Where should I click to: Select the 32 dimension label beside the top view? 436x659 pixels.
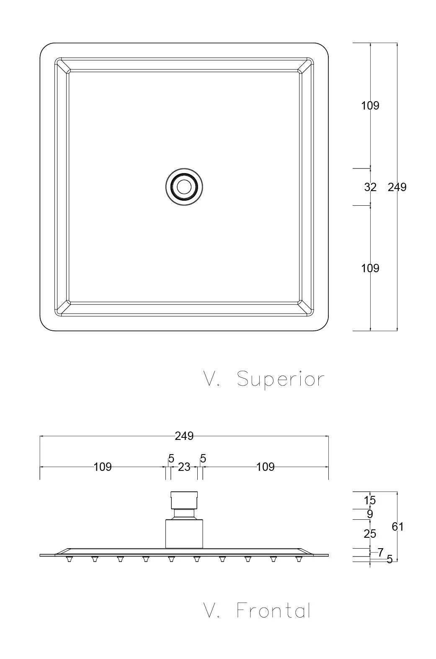click(370, 187)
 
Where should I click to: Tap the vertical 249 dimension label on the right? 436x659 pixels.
click(397, 187)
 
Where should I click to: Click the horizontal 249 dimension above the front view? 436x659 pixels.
click(184, 436)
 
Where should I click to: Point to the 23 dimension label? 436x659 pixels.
click(184, 467)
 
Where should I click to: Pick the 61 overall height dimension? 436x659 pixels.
click(397, 526)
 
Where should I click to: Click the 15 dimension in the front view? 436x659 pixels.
click(370, 500)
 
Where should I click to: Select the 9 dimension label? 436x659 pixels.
click(370, 514)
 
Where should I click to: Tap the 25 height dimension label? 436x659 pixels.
click(370, 534)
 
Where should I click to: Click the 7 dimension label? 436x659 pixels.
click(381, 552)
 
